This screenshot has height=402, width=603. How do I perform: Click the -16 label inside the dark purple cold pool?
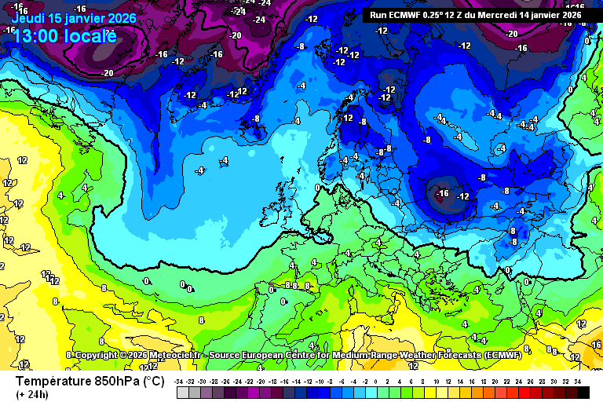(x=442, y=193)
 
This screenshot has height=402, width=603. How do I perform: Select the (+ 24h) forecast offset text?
(x=32, y=394)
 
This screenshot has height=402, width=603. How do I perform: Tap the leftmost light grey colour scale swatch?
(x=181, y=392)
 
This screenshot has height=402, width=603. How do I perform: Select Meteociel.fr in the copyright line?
(x=179, y=356)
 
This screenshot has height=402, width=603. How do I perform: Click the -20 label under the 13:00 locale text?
(x=108, y=73)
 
